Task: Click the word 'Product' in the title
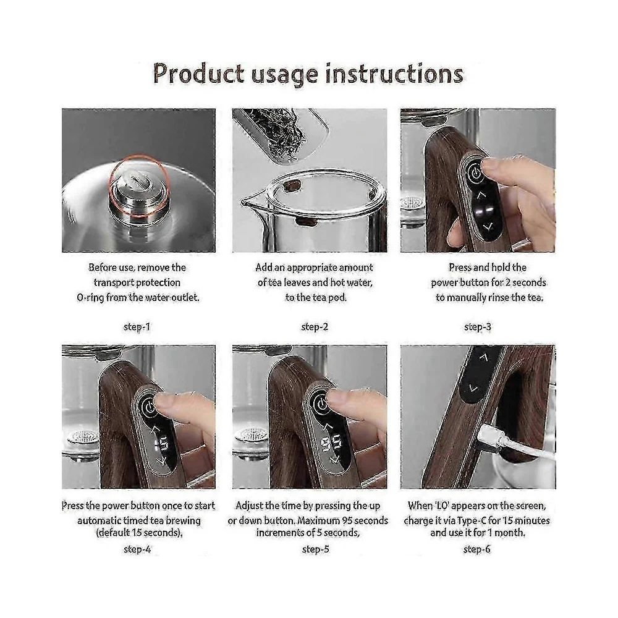[198, 74]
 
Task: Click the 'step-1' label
[137, 327]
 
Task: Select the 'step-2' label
[315, 327]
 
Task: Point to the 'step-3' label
[478, 327]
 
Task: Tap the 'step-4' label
[137, 549]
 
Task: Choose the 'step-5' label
[315, 549]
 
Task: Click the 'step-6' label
[477, 549]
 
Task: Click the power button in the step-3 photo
[475, 173]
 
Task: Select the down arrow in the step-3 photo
[489, 227]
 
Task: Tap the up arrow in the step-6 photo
[484, 357]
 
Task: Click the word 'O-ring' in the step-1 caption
[90, 297]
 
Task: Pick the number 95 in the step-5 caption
[347, 520]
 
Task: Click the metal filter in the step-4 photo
[82, 436]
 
